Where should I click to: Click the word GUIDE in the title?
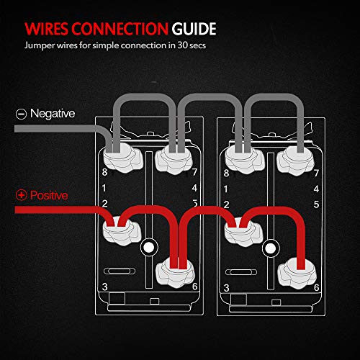pos(194,30)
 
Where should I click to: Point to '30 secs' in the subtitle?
pos(194,50)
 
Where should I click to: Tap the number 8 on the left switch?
pos(104,173)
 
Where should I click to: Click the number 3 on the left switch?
pos(104,287)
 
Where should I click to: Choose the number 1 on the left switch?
pos(104,189)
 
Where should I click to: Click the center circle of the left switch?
pos(149,248)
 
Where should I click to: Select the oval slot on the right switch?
pos(241,273)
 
